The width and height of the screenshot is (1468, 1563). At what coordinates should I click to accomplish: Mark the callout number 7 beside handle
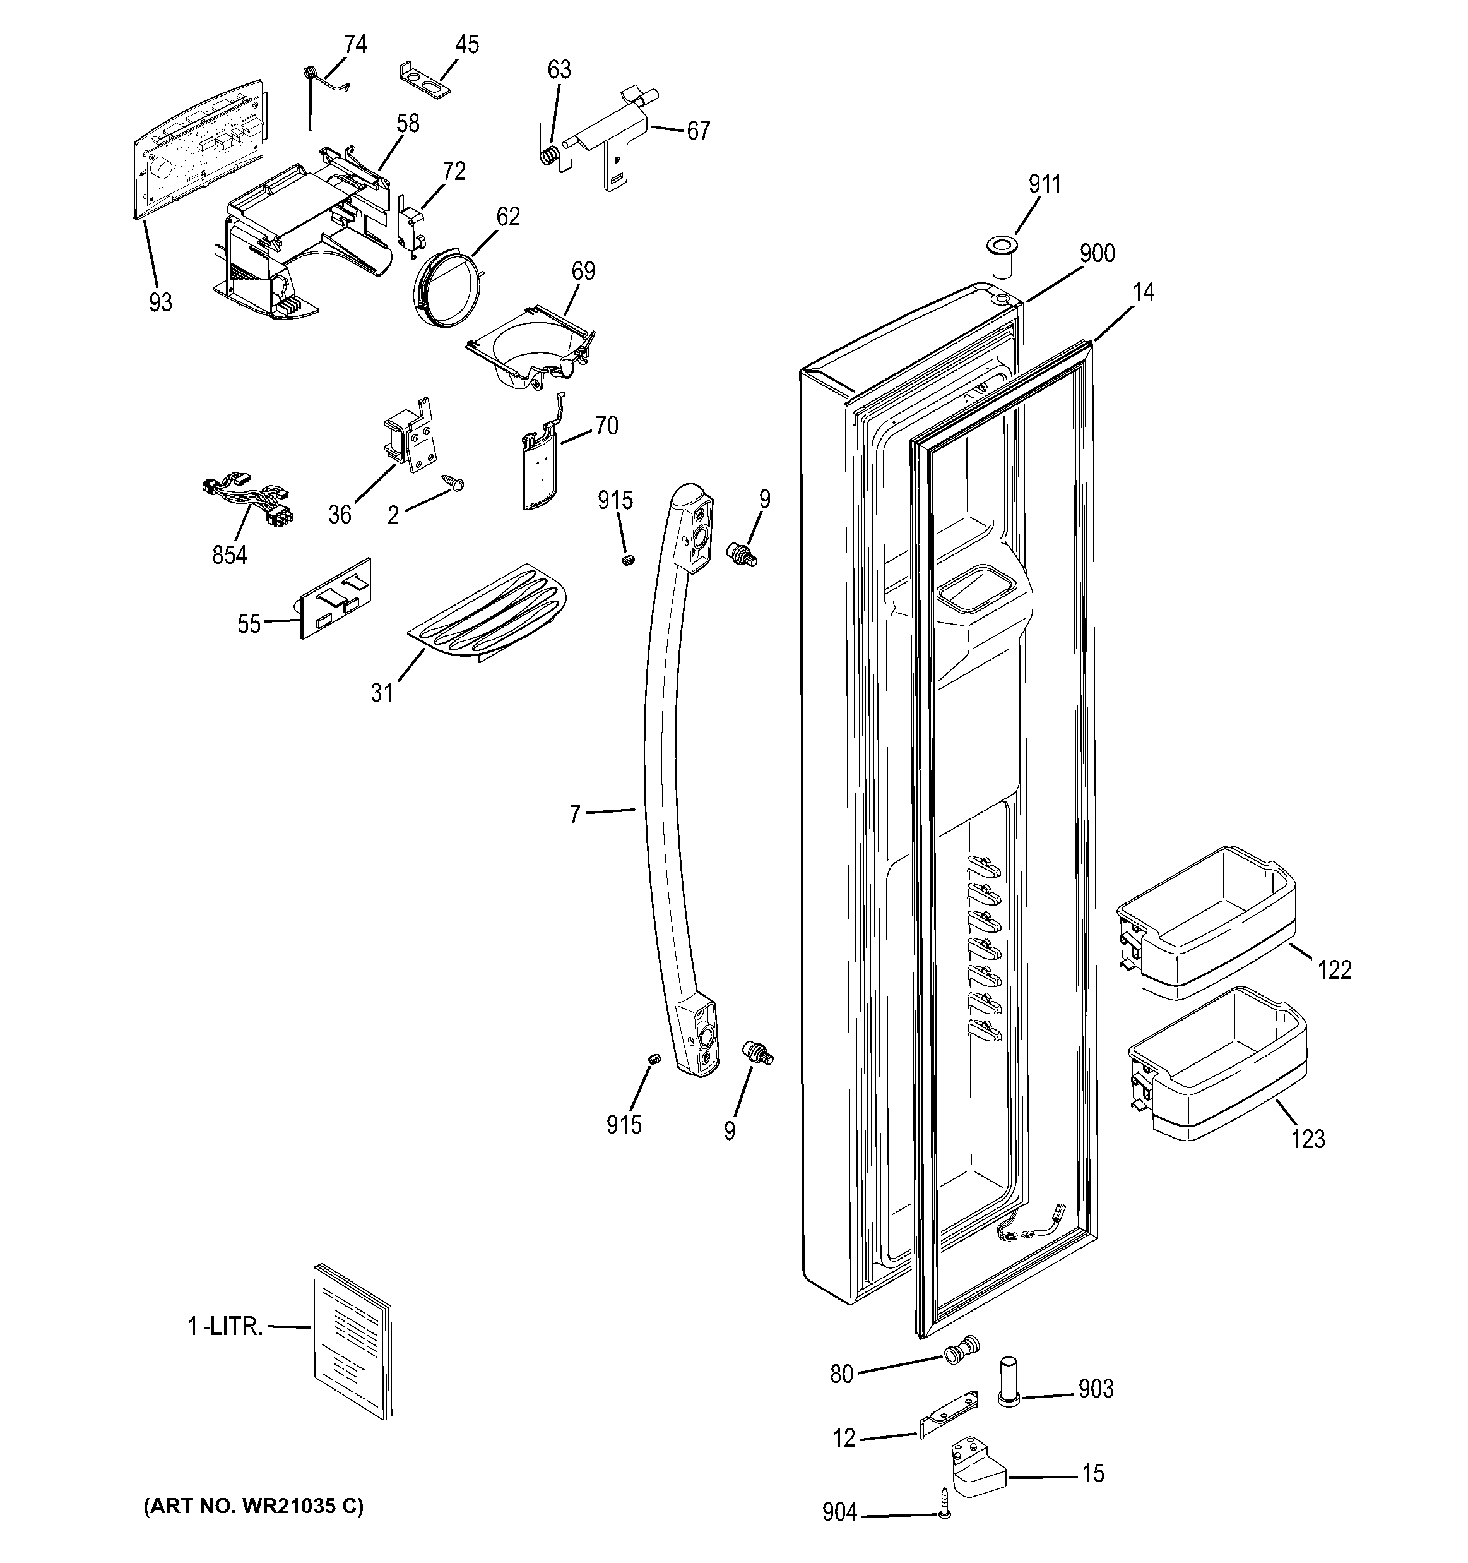pyautogui.click(x=574, y=815)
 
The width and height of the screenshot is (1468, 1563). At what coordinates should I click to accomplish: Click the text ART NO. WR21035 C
pyautogui.click(x=253, y=1506)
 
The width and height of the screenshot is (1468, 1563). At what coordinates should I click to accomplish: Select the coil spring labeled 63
pyautogui.click(x=552, y=153)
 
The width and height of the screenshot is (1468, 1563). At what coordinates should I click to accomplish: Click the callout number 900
pyautogui.click(x=1096, y=253)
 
